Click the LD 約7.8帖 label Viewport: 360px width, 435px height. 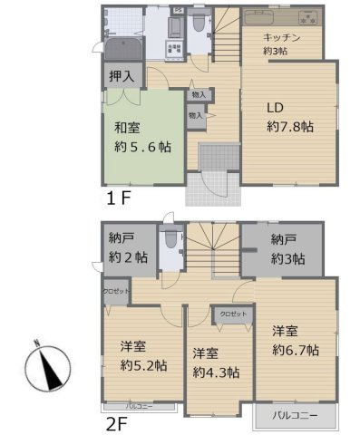(288, 118)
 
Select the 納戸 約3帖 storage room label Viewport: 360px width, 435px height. (287, 250)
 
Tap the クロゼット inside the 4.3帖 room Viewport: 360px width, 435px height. (233, 314)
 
